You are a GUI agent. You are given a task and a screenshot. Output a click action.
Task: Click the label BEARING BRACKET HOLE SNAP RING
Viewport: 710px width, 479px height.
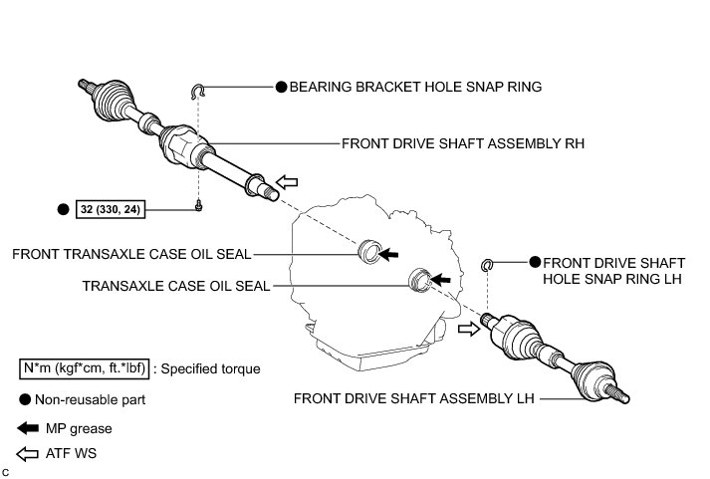click(x=415, y=87)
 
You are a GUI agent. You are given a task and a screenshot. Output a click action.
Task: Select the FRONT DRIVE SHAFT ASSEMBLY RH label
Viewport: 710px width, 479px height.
click(x=462, y=143)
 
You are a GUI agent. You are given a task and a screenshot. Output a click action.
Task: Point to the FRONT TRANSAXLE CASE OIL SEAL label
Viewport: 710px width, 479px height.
click(x=131, y=254)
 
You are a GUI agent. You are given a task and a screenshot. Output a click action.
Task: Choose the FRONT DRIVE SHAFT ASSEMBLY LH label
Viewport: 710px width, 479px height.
click(x=414, y=398)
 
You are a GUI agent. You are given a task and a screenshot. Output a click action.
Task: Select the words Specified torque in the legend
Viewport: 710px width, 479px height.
click(x=211, y=368)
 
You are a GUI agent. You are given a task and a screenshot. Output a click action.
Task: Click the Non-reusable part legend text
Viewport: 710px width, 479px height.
click(x=91, y=399)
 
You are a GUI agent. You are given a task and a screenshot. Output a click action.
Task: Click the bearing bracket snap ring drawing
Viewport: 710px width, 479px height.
click(x=198, y=92)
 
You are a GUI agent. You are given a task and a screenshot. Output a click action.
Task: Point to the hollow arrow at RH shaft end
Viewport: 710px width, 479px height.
click(x=287, y=181)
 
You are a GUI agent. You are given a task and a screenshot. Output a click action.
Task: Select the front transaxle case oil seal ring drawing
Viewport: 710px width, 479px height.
click(x=371, y=251)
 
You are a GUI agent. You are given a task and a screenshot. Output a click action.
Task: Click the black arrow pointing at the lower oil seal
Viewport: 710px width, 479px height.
click(x=438, y=282)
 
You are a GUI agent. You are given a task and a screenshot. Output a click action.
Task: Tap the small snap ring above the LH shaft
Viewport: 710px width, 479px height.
click(x=488, y=264)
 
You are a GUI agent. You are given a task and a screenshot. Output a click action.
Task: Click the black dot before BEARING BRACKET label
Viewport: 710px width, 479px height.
click(x=282, y=87)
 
